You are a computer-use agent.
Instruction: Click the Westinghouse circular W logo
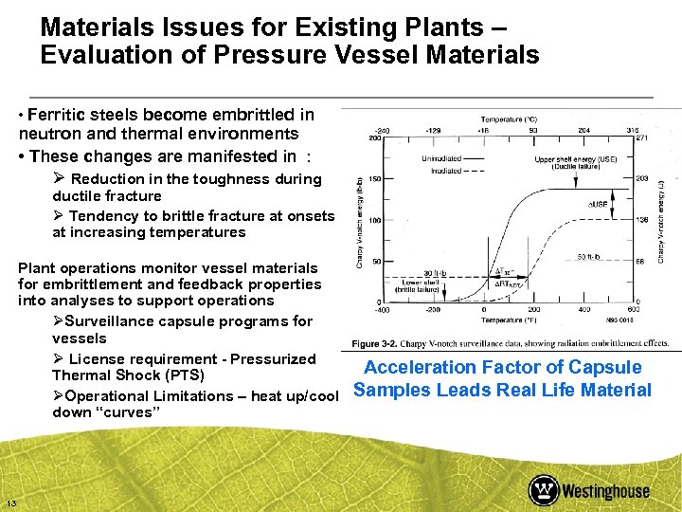[543, 490]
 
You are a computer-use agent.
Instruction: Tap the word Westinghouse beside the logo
[606, 491]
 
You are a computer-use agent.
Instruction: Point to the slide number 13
[10, 503]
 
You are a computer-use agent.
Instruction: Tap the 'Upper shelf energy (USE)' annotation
[572, 158]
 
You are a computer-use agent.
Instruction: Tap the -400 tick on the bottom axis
[383, 309]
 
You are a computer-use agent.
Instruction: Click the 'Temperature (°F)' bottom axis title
[508, 320]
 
